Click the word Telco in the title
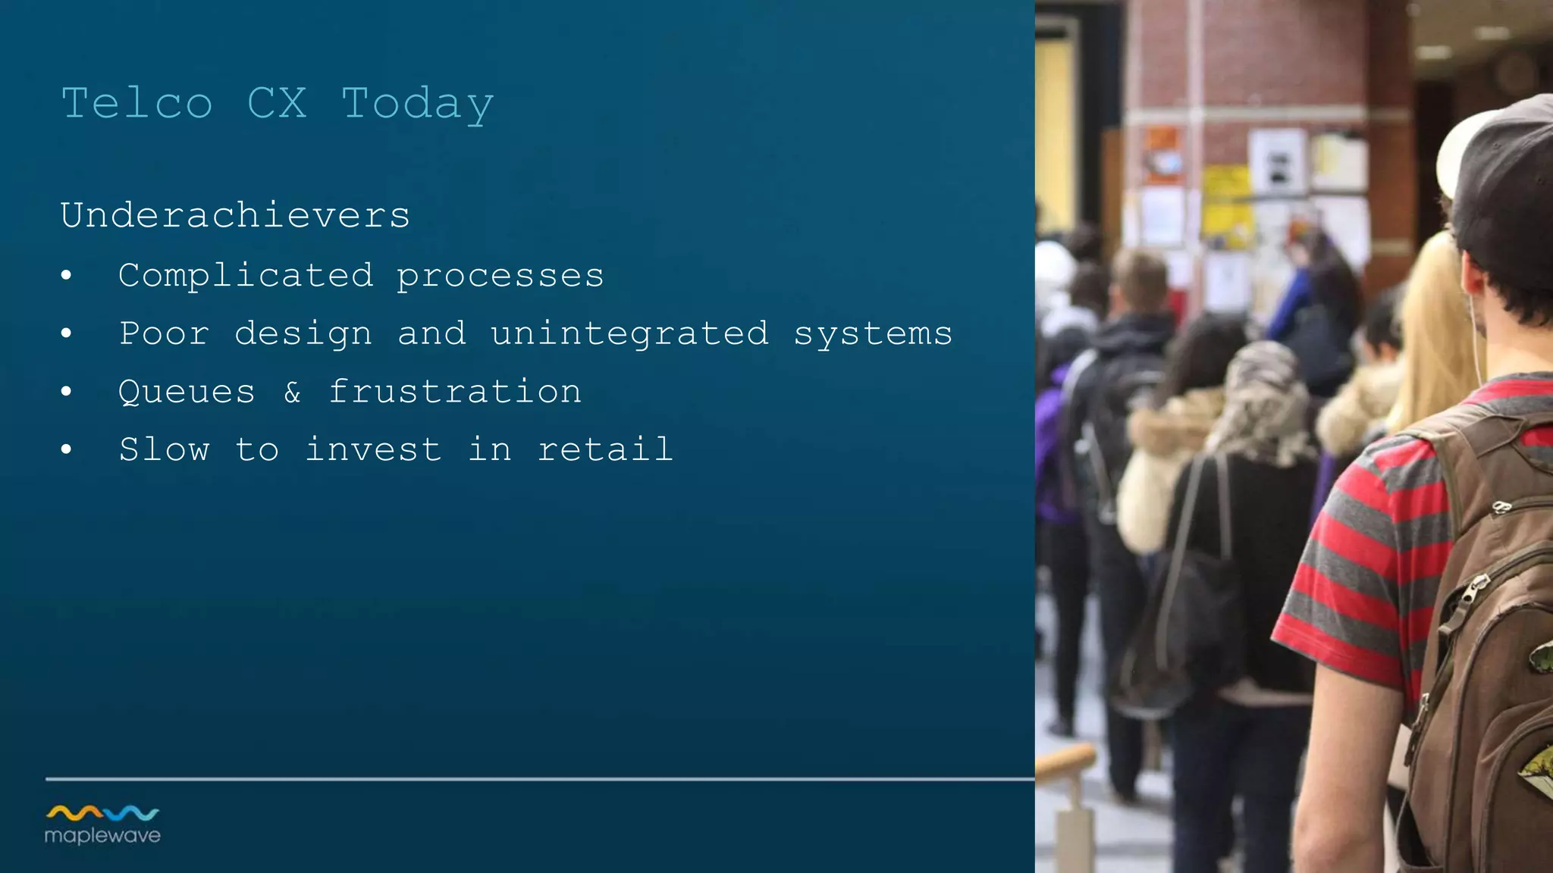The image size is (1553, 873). (136, 103)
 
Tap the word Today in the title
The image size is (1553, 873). (418, 105)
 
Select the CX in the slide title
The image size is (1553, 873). (277, 103)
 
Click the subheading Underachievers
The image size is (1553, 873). (235, 215)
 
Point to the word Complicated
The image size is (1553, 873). (246, 276)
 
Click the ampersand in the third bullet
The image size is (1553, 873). (293, 393)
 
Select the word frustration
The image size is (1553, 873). (455, 392)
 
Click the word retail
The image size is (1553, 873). (605, 449)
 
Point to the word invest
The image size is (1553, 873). (373, 449)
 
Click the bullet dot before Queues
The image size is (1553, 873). (67, 392)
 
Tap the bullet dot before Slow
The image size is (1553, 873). (67, 450)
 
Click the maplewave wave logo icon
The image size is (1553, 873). (102, 813)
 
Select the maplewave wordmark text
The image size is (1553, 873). (102, 836)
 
